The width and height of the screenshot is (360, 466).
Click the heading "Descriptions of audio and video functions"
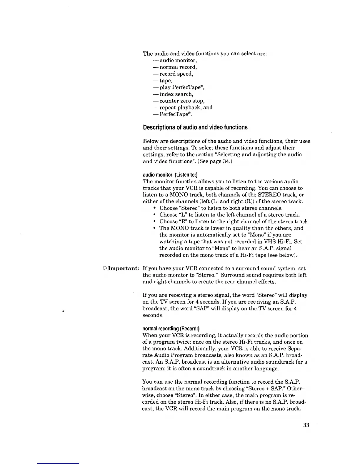[195, 127]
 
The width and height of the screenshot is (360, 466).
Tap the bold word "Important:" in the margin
[124, 269]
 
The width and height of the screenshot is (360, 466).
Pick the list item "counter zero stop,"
[182, 101]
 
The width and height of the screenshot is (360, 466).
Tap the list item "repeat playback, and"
[186, 108]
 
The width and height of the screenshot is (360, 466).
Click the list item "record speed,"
[176, 74]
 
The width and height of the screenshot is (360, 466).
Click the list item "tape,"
[166, 81]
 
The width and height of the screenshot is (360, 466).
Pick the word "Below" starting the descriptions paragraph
[150, 141]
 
